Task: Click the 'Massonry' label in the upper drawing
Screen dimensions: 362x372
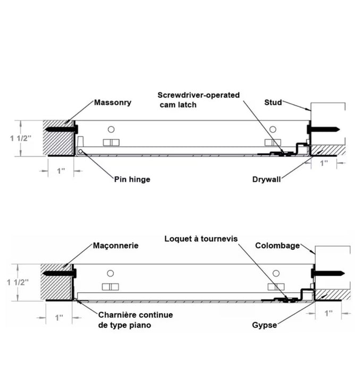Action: point(113,103)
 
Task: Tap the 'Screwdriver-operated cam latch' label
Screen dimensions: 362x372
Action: point(198,100)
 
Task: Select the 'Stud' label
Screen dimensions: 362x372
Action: point(273,103)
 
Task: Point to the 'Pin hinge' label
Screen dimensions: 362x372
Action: point(132,179)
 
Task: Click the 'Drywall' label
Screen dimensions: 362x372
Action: point(266,179)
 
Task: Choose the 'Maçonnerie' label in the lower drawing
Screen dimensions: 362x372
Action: point(115,246)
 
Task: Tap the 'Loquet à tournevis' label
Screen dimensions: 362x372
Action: point(201,239)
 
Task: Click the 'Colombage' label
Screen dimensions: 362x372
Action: point(277,246)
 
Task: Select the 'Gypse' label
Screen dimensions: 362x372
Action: point(264,325)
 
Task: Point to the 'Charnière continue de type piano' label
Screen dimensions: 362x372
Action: point(136,320)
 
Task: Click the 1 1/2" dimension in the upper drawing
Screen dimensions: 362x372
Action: point(20,138)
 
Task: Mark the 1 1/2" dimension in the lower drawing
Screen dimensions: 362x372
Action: point(18,282)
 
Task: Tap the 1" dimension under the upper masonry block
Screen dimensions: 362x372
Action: point(61,171)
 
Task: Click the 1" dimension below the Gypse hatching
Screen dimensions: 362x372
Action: point(329,313)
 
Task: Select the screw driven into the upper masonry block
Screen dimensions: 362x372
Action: point(62,129)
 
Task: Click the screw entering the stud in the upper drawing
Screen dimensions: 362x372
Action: point(323,129)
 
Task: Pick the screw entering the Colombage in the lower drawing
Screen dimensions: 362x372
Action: point(328,273)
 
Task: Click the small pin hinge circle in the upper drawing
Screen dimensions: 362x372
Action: point(80,151)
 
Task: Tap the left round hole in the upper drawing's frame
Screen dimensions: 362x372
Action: point(111,129)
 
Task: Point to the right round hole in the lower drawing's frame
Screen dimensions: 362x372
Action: point(276,273)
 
